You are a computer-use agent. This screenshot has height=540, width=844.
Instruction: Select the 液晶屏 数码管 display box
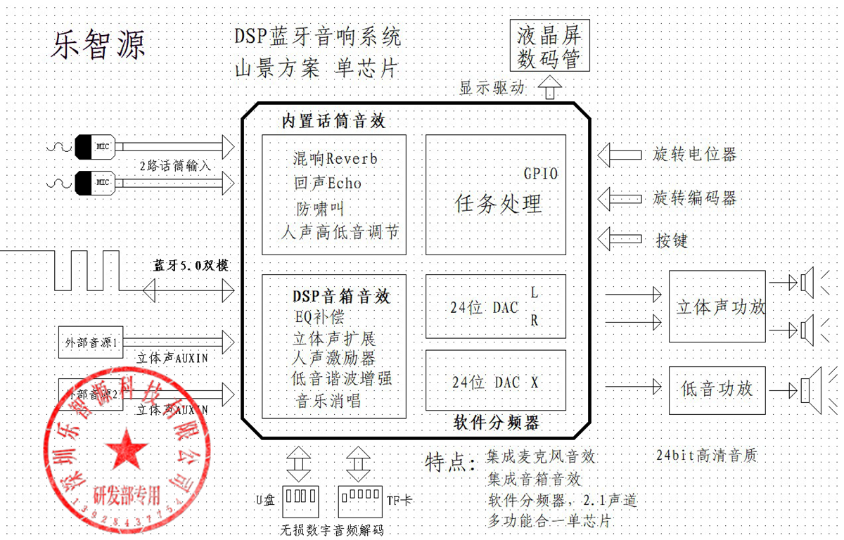[x=549, y=46]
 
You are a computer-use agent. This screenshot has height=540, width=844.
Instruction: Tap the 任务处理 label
[x=499, y=204]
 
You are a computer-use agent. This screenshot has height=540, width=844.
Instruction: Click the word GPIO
[x=540, y=173]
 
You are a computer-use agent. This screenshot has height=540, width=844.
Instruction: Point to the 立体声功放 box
[x=717, y=307]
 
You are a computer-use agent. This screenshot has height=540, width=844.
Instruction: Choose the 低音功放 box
[x=717, y=388]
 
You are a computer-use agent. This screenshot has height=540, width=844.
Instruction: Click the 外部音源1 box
[x=91, y=343]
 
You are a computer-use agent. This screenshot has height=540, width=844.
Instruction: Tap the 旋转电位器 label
[x=694, y=154]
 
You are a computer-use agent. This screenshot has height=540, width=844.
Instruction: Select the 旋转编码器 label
[x=694, y=198]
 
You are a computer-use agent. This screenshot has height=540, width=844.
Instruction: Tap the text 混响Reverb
[x=335, y=159]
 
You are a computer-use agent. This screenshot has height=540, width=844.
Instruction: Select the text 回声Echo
[x=328, y=184]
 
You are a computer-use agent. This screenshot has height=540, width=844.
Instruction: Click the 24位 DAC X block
[x=495, y=382]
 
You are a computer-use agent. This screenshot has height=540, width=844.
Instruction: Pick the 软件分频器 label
[x=497, y=423]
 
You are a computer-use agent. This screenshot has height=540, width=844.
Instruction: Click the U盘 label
[x=265, y=500]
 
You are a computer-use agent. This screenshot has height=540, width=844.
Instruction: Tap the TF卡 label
[x=399, y=500]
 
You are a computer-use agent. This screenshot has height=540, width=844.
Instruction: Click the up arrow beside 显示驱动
[x=550, y=89]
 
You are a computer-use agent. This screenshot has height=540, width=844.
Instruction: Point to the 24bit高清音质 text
[x=705, y=455]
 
